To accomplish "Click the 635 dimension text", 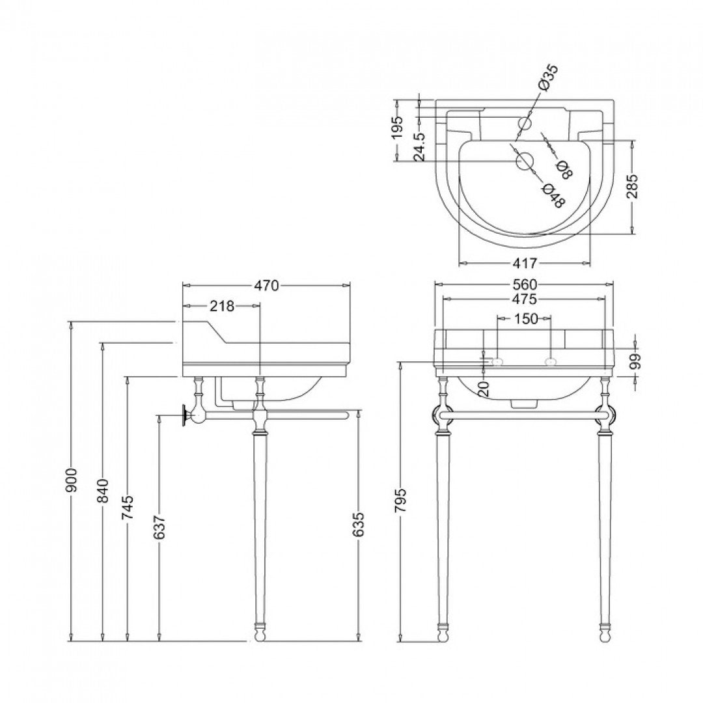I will (x=359, y=525).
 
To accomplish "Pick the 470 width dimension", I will (x=266, y=285).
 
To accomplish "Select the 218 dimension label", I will (x=222, y=306).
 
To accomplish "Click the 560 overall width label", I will (x=525, y=284).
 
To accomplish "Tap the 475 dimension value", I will (x=525, y=299).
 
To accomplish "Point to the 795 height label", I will (x=402, y=500).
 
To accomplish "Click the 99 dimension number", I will (x=635, y=361).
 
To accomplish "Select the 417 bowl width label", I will (x=525, y=264).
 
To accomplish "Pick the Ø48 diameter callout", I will (x=554, y=195).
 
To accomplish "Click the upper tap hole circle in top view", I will (x=525, y=123).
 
